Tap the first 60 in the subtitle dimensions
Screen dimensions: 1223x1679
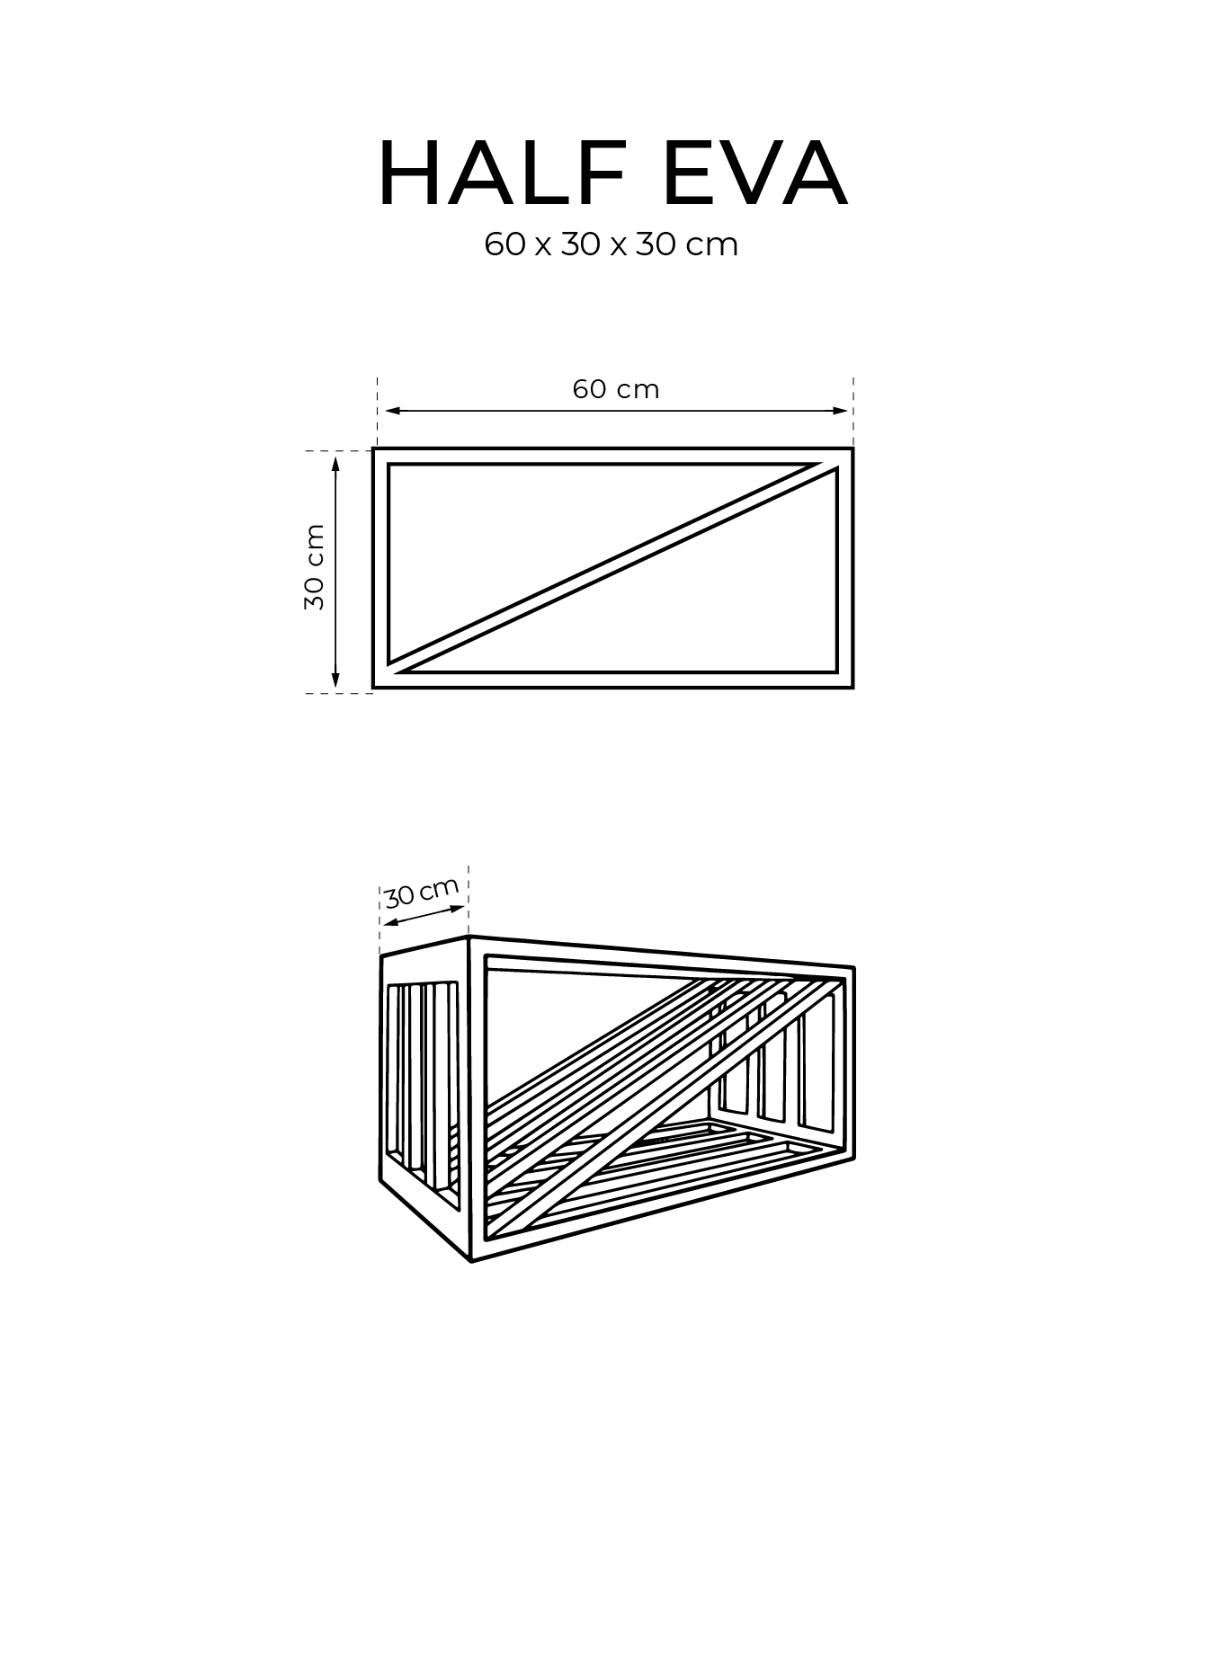(x=504, y=244)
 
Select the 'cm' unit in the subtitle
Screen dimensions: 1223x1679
(x=712, y=246)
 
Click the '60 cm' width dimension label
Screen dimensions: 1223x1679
(x=616, y=389)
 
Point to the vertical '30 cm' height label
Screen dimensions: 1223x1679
(x=314, y=567)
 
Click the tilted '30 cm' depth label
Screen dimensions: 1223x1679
(x=422, y=893)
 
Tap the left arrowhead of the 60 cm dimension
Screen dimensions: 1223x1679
(x=393, y=411)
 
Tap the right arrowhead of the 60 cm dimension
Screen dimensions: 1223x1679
(x=840, y=411)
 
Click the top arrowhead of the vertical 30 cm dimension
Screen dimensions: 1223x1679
(x=336, y=464)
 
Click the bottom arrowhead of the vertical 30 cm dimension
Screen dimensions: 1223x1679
(x=336, y=680)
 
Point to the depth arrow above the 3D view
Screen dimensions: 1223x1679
(x=424, y=918)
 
